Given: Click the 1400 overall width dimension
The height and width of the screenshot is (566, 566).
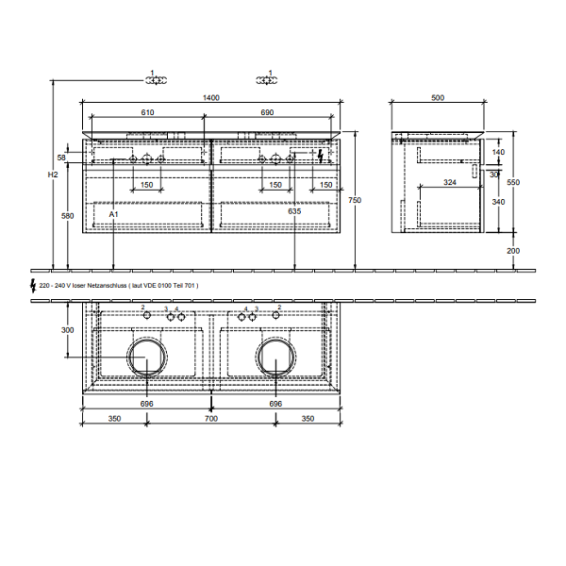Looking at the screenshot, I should (210, 97).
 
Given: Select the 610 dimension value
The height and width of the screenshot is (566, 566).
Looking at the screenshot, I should (147, 112).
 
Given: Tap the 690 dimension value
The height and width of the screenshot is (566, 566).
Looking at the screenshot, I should (267, 112).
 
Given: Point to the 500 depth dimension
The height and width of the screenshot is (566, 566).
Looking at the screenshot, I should (438, 97).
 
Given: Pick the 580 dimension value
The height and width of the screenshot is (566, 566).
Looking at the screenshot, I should (67, 216).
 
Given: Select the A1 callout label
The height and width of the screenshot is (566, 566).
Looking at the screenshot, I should (112, 216).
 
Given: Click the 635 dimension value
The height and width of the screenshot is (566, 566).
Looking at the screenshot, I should (295, 213).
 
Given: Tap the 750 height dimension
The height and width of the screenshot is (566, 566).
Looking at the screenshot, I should (354, 200).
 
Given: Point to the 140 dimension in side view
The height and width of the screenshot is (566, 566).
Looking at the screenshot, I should (499, 152).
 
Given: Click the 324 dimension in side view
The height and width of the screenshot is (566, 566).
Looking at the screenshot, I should (450, 181).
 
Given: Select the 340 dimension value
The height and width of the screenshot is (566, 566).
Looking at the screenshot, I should (499, 201).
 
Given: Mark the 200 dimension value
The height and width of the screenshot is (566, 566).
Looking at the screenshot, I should (513, 251).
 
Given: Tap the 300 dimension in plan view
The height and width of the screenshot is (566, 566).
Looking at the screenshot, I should (67, 330).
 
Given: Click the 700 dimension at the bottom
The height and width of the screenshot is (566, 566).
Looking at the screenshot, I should (210, 417).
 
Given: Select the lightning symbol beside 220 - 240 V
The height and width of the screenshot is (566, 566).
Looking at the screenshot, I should (34, 283).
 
